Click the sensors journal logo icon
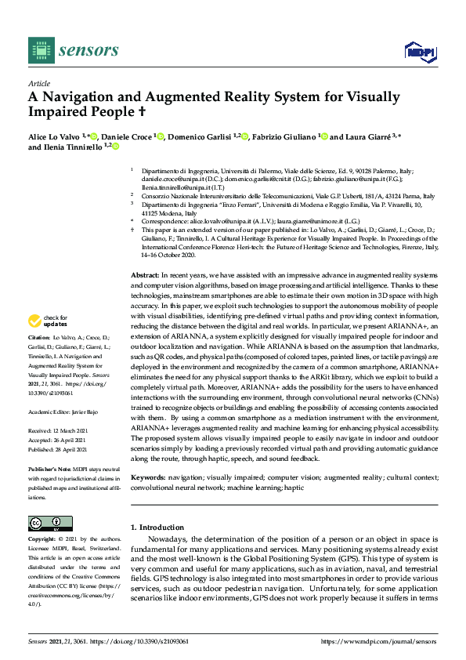pos(39,51)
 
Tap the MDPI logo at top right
pos(419,52)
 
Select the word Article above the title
pos(38,83)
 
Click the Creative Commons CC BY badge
pos(45,524)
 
